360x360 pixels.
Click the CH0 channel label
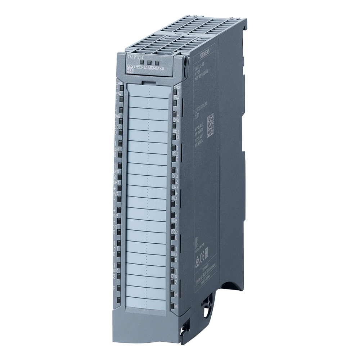[x=119, y=84]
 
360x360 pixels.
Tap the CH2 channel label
[x=176, y=87]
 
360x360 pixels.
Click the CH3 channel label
[x=176, y=187]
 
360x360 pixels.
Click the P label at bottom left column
[x=114, y=288]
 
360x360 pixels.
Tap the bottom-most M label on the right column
[x=176, y=305]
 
